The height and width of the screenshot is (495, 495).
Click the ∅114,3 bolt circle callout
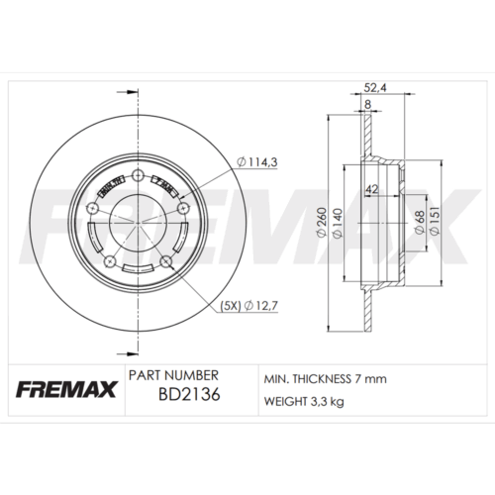click(x=255, y=163)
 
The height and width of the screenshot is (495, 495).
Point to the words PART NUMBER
click(x=173, y=376)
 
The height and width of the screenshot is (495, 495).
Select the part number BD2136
click(x=188, y=398)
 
